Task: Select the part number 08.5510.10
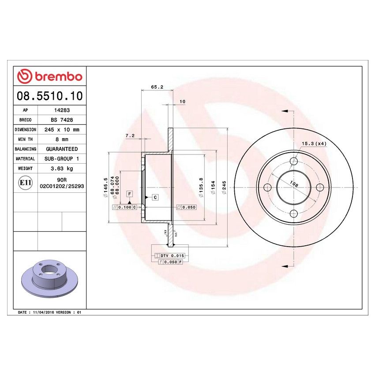pos(49,96)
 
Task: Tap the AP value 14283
pos(62,111)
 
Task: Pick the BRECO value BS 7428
pos(62,120)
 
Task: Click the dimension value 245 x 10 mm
pos(62,130)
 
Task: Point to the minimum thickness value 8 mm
pos(62,139)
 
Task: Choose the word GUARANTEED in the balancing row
pos(62,149)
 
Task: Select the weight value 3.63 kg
pos(62,169)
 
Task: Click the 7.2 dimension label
pos(130,136)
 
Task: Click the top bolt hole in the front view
pos(293,161)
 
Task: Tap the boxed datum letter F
pos(130,194)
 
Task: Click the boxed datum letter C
pos(156,197)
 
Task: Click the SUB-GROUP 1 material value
pos(62,159)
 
